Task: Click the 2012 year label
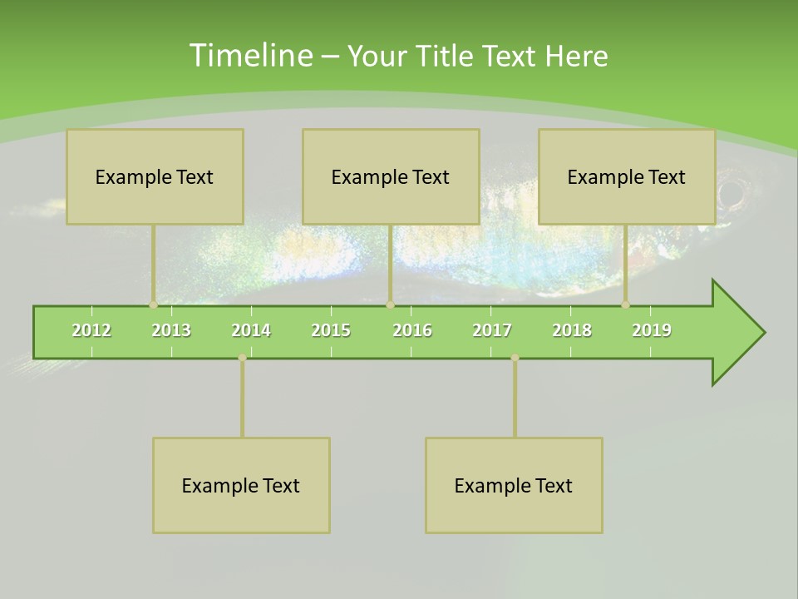[x=91, y=330]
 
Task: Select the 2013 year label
[x=171, y=330]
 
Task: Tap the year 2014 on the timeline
[x=251, y=330]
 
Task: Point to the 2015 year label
[x=331, y=330]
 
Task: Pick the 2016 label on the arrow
[x=412, y=330]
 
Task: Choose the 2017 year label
[x=492, y=330]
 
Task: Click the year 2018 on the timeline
[x=572, y=330]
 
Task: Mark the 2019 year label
[x=652, y=330]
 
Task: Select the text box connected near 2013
[x=155, y=176]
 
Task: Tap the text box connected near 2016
[x=391, y=176]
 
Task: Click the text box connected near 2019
[x=627, y=176]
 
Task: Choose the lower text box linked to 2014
[x=241, y=485]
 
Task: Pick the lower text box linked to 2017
[x=514, y=485]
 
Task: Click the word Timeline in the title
[x=250, y=56]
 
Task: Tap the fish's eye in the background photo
[x=731, y=195]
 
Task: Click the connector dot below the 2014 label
[x=242, y=358]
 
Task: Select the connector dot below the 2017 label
[x=515, y=358]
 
